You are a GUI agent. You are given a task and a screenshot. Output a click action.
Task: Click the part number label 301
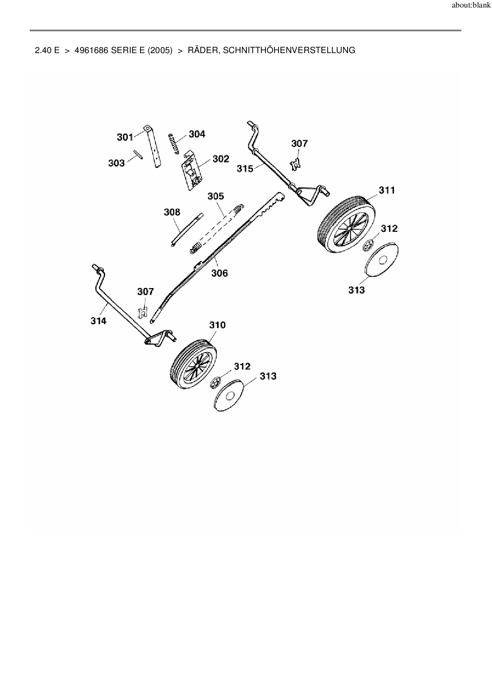click(125, 137)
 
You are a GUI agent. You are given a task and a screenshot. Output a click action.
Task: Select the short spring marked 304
click(174, 143)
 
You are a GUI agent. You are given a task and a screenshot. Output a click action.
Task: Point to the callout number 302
click(221, 159)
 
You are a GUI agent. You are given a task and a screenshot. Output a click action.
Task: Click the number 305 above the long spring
click(215, 196)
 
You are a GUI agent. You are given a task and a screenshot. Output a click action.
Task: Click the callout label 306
click(219, 273)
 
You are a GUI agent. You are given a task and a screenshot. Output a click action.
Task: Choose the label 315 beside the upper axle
click(245, 168)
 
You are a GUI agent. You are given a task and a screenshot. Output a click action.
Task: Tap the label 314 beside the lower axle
click(98, 321)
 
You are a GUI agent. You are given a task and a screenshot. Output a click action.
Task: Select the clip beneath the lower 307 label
click(142, 313)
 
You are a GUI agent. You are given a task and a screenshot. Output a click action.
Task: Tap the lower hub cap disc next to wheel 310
click(229, 395)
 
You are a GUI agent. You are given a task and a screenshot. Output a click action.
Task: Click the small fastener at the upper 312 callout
click(367, 245)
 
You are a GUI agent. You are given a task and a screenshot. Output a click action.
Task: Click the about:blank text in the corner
click(471, 6)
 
